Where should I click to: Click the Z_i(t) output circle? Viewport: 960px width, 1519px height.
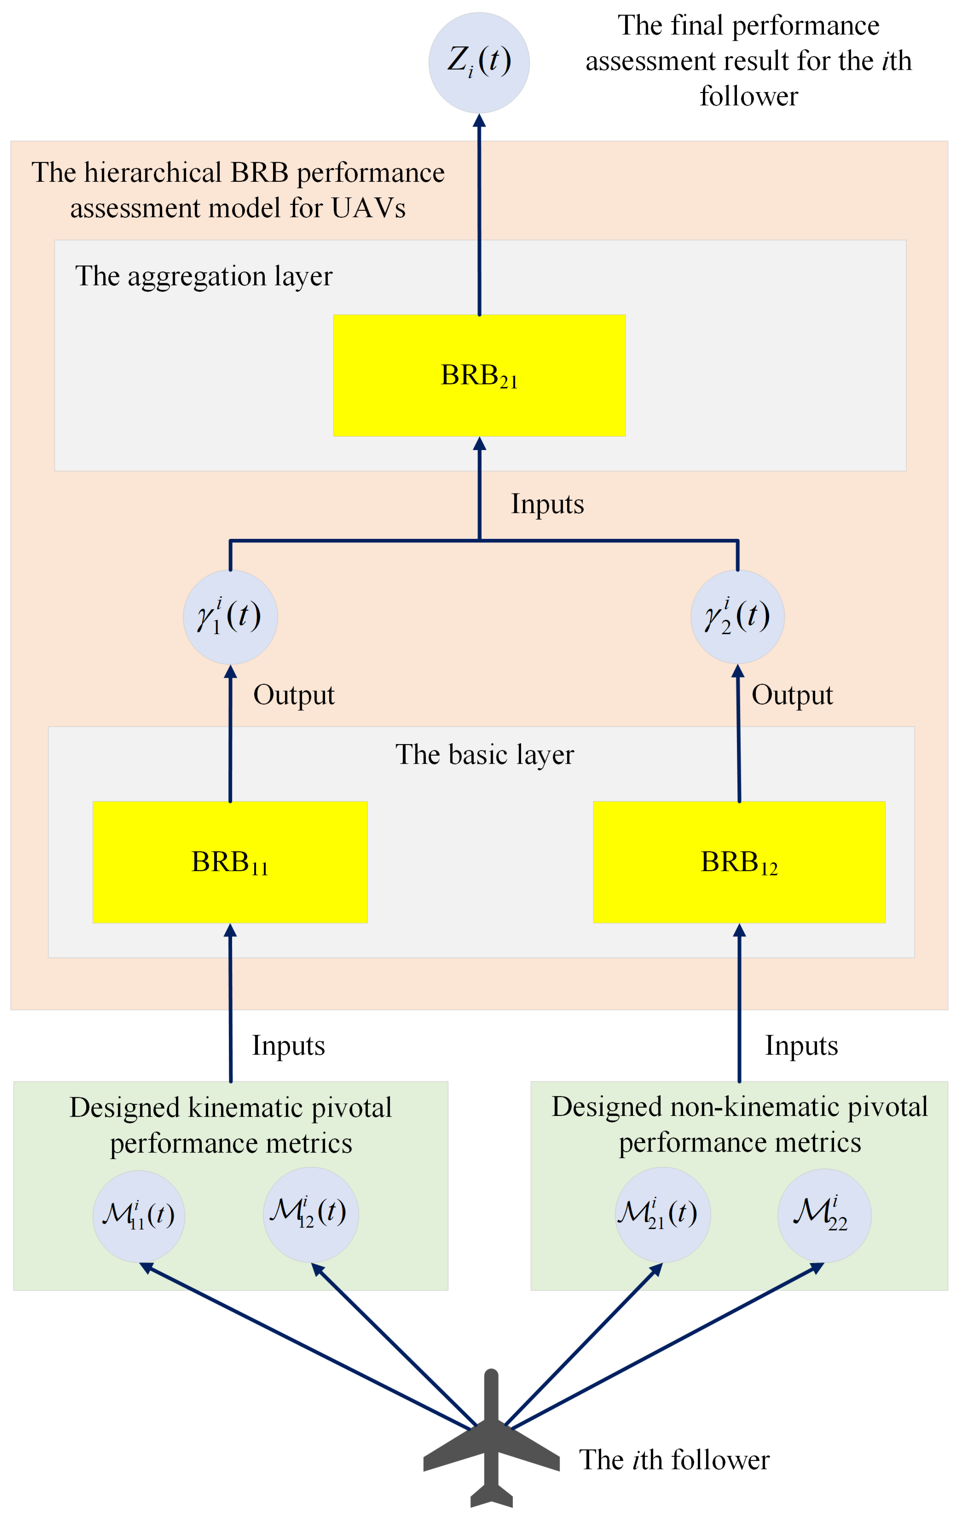coord(479,63)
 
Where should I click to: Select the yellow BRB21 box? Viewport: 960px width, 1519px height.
coord(479,375)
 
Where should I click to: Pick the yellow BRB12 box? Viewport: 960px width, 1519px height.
coord(739,862)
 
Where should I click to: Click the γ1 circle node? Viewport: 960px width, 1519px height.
coord(230,617)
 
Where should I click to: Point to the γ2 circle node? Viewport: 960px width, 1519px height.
coord(737,617)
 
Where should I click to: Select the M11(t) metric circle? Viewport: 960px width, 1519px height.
coord(139,1216)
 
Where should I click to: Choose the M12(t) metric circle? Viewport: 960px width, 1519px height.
coord(310,1214)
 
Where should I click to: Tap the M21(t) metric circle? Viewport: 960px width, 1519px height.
coord(662,1215)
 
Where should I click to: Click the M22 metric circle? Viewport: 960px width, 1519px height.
coord(824,1215)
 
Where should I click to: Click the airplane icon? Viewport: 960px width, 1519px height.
coord(491,1444)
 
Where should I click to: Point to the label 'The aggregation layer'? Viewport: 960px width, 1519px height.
coord(204,276)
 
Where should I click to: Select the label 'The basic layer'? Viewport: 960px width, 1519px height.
coord(485,755)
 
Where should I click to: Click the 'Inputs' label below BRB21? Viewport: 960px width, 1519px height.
coord(547,504)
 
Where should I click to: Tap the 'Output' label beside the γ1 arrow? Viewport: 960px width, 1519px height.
coord(293,695)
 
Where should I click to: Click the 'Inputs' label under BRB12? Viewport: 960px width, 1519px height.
coord(801,1046)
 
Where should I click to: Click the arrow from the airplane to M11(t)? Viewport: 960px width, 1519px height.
coord(309,1347)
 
